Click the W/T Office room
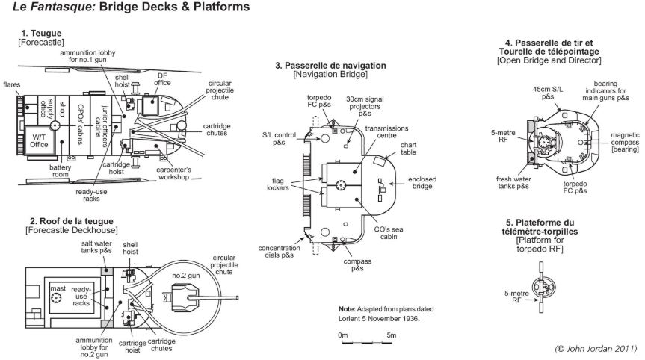(39, 140)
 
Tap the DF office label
(162, 79)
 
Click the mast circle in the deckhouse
(56, 297)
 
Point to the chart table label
(409, 149)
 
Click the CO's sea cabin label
(389, 233)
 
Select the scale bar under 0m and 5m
(367, 342)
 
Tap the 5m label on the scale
(391, 335)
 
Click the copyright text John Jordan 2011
(596, 349)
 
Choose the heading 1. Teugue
(41, 34)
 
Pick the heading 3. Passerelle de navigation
(331, 65)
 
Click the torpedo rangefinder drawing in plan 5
(541, 288)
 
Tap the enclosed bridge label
(422, 182)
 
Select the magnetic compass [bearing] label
(625, 142)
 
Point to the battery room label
(60, 171)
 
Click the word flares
(11, 84)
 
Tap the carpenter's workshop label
(173, 173)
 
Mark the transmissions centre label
(386, 132)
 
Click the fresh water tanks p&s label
(513, 183)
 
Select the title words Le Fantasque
(55, 7)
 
